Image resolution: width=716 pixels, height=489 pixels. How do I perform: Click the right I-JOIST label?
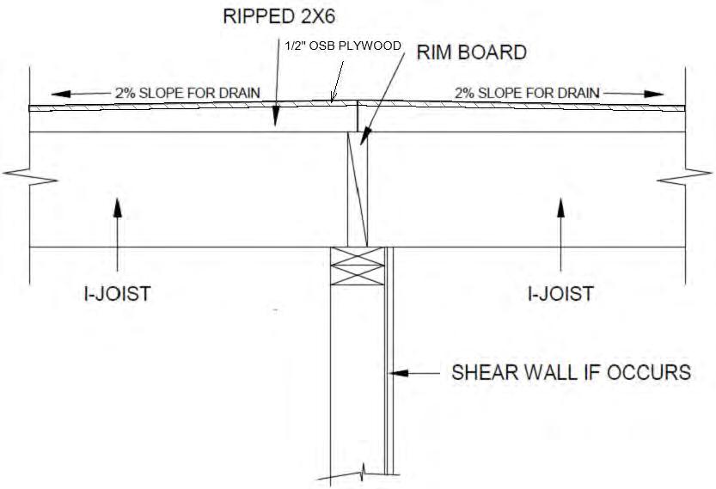pos(560,294)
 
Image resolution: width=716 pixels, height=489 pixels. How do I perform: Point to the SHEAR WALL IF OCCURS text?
pos(572,373)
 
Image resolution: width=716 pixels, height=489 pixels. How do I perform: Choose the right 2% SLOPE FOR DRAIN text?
pos(528,92)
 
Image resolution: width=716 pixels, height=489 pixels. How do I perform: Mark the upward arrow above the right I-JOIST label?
pos(561,205)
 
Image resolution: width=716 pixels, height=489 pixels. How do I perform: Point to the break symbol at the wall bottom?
pos(365,470)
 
